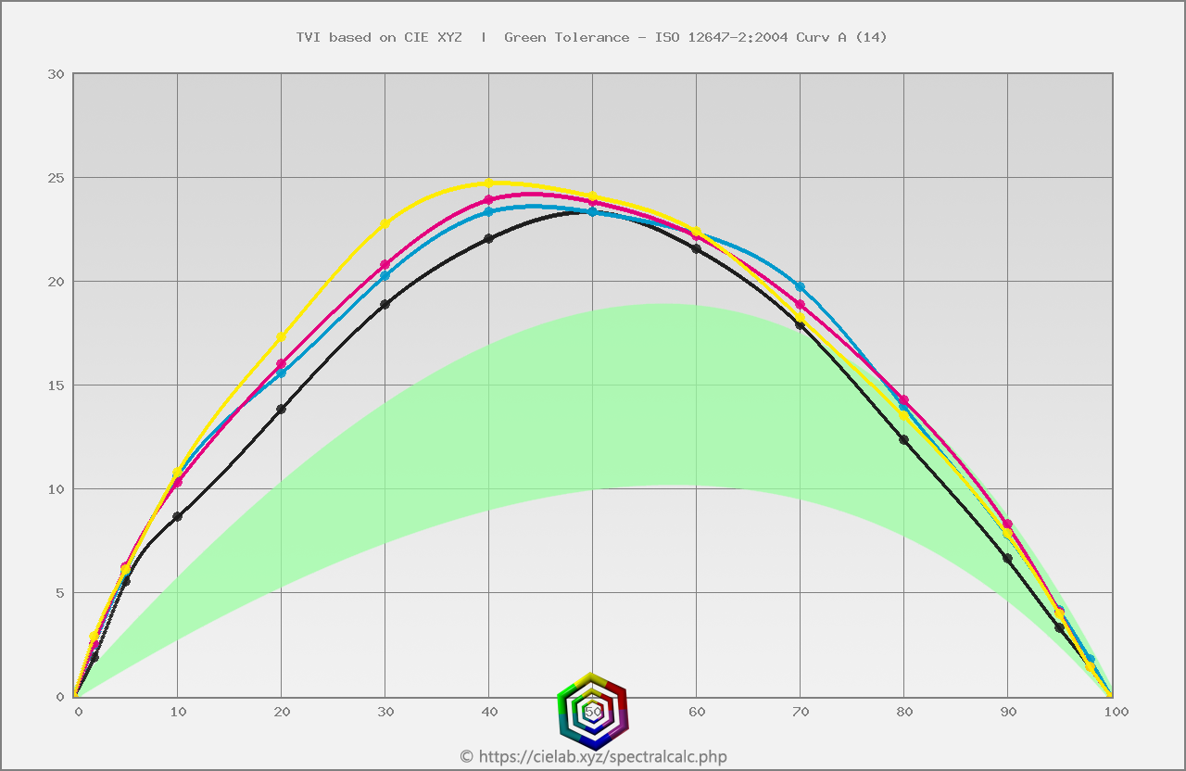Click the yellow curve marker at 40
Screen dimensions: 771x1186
488,183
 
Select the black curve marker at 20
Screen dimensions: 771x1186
281,409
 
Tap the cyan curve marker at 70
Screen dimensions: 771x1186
800,286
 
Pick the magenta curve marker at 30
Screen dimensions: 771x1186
385,265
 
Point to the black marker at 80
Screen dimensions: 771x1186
903,439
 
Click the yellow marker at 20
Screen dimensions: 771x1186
281,336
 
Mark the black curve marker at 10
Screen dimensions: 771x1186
177,516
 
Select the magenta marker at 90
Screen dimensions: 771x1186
1007,525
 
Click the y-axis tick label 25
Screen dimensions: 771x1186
55,178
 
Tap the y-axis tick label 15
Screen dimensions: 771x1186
55,385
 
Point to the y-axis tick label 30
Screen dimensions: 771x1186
55,74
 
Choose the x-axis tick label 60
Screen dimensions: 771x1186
697,712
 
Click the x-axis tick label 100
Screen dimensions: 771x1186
1116,712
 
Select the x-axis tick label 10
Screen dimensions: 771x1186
178,712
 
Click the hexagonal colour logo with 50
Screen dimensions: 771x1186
593,711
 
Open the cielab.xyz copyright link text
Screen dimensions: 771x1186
594,757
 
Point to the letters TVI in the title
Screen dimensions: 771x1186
308,37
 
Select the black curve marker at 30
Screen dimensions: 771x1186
385,304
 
